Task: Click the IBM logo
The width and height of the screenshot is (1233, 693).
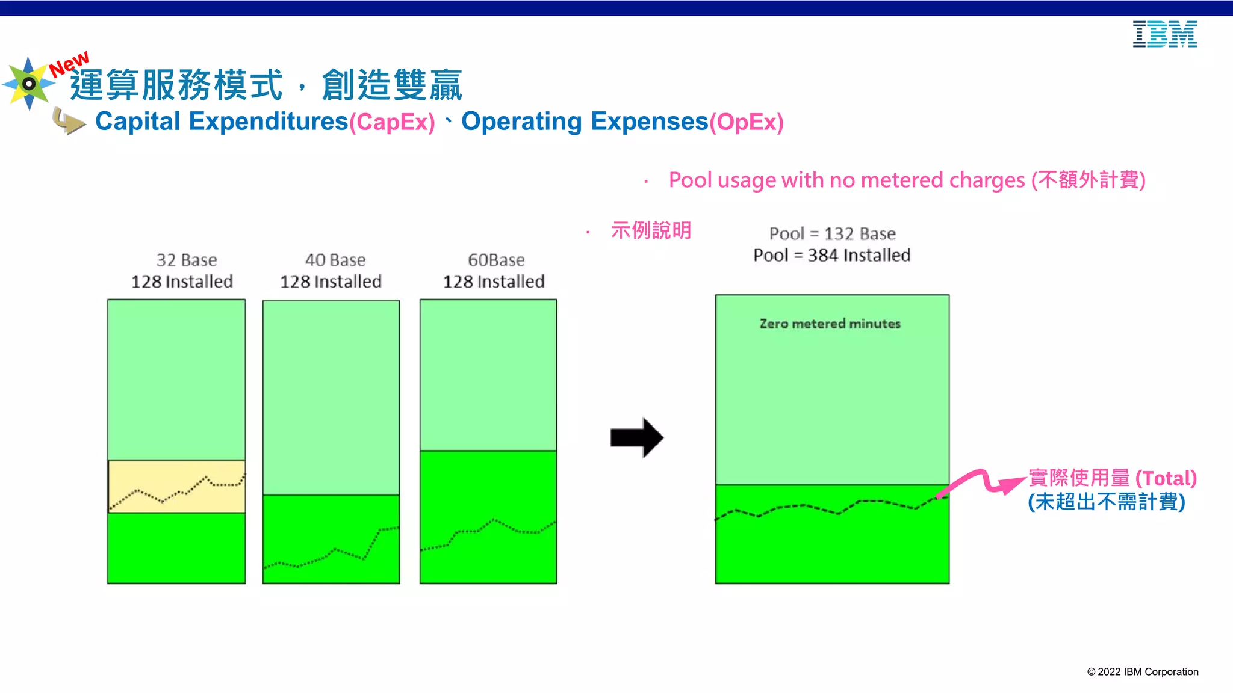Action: coord(1164,34)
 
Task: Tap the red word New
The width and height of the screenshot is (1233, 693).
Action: coord(69,64)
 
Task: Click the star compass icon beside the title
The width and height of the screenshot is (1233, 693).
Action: coord(28,84)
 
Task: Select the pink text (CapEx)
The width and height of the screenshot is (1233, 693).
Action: coord(392,122)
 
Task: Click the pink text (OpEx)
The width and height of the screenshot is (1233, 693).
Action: coord(746,122)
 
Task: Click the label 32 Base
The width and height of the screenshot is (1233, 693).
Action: coord(187,260)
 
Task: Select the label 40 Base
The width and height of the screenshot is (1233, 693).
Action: coord(335,260)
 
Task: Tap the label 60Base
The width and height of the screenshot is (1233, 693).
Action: coord(496,260)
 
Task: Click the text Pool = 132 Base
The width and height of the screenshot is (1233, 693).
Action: coord(832,233)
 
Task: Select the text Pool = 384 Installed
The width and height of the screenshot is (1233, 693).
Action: coord(832,256)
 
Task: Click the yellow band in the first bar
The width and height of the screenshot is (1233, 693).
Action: coord(176,486)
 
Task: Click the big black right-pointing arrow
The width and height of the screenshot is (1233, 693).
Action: coord(636,437)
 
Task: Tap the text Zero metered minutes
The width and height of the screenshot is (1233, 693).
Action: coord(830,324)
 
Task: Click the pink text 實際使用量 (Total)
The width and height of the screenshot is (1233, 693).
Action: coord(1112,478)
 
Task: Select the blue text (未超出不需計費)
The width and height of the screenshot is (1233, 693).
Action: coord(1106,502)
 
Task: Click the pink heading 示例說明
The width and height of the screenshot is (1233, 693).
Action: coord(651,230)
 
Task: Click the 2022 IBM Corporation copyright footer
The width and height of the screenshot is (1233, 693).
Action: coord(1142,672)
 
